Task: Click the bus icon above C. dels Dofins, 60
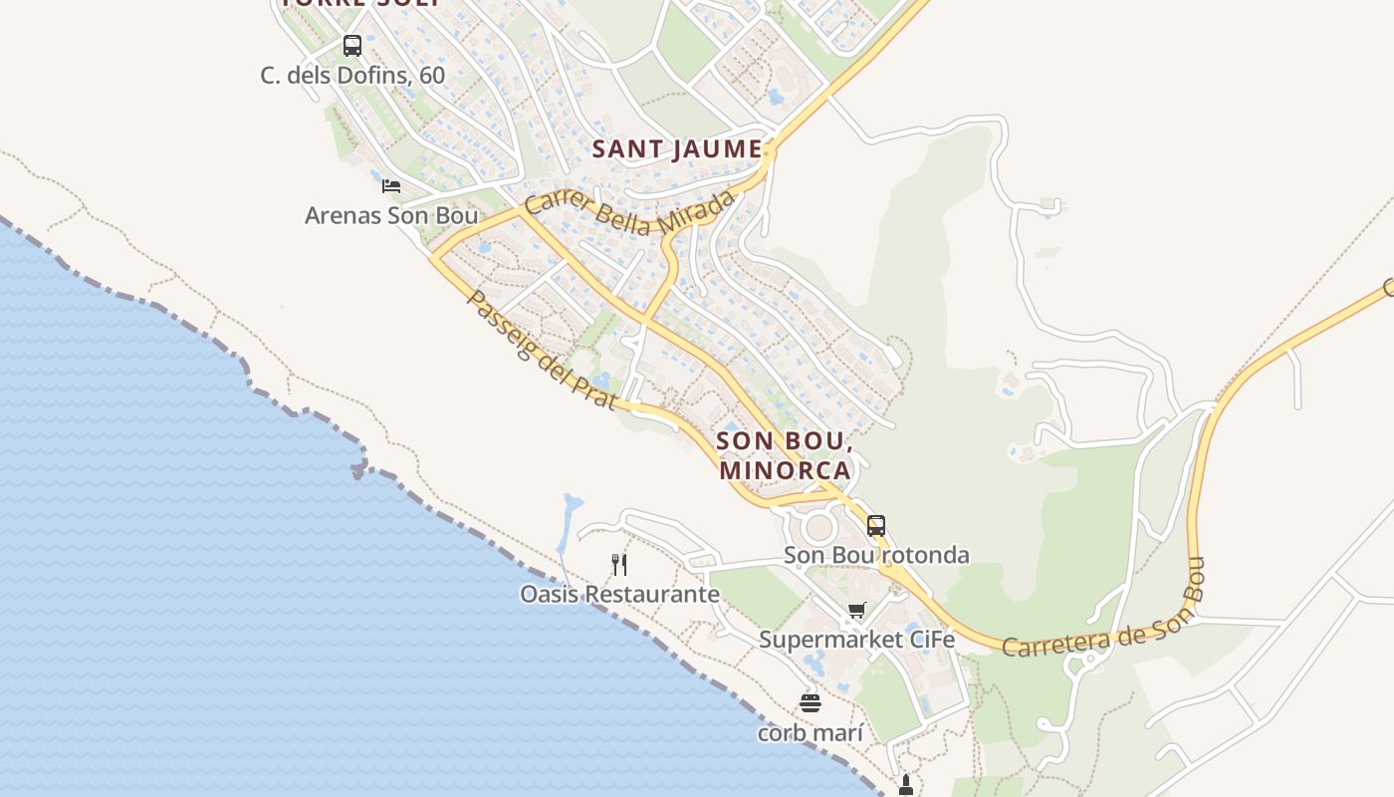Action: pos(352,45)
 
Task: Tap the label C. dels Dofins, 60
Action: pos(352,76)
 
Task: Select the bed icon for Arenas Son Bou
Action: pos(391,185)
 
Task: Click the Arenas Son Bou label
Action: pos(391,215)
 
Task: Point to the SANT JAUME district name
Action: pos(677,149)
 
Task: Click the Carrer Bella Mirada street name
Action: pos(629,211)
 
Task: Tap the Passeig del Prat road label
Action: pos(542,350)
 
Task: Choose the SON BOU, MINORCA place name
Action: pos(784,455)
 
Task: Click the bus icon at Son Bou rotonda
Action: pos(876,525)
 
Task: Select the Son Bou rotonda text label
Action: pos(876,555)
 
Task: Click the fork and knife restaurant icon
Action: pos(619,565)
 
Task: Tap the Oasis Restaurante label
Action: pos(619,595)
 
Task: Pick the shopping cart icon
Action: pos(857,610)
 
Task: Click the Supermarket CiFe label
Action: pos(857,640)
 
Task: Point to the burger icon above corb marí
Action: pos(811,703)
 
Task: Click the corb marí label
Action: pos(811,733)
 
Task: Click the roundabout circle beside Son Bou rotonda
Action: pos(819,526)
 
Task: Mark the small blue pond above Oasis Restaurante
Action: pos(569,514)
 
